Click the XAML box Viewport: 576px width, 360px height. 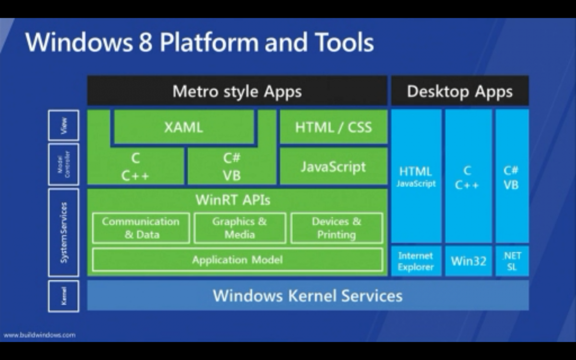point(183,127)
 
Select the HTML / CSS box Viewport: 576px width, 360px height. point(333,127)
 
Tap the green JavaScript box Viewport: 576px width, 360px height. point(333,167)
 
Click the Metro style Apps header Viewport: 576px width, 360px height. point(237,91)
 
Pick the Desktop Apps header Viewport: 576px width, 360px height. point(459,91)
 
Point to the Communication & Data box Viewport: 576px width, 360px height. point(141,228)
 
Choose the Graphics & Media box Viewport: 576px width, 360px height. point(240,228)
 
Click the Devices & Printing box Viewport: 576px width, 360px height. point(336,228)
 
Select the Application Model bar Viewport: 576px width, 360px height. point(237,260)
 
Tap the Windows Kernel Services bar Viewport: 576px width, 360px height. point(307,295)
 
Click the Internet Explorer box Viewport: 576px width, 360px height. point(416,262)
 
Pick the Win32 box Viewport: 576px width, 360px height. point(468,262)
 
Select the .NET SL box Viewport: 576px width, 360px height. point(512,262)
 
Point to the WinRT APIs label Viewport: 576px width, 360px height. point(233,200)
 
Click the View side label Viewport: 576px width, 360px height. point(64,125)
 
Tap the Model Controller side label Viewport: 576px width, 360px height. point(64,164)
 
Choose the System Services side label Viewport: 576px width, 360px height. point(64,232)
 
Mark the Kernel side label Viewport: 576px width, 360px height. point(64,296)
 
